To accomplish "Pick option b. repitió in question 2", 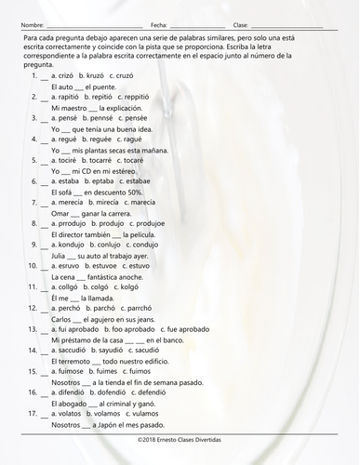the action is (x=99, y=95).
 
